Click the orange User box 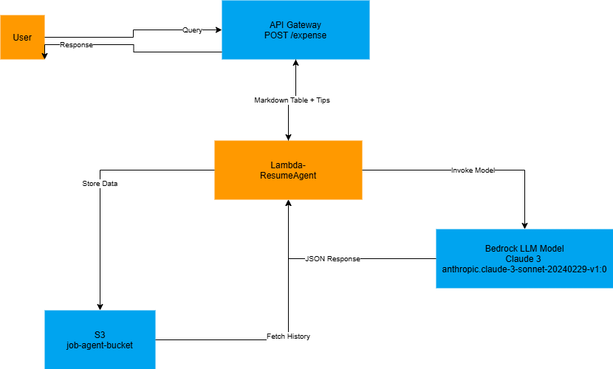click(22, 37)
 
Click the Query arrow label click(192, 30)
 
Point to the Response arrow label click(76, 45)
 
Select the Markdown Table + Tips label click(292, 100)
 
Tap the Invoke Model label click(473, 170)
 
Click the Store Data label click(100, 184)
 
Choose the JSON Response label click(332, 259)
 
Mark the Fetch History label click(288, 337)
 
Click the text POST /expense click(295, 35)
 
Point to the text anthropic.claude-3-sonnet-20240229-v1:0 click(524, 269)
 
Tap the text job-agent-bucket click(100, 345)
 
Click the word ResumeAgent click(288, 176)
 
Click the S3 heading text click(100, 335)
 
